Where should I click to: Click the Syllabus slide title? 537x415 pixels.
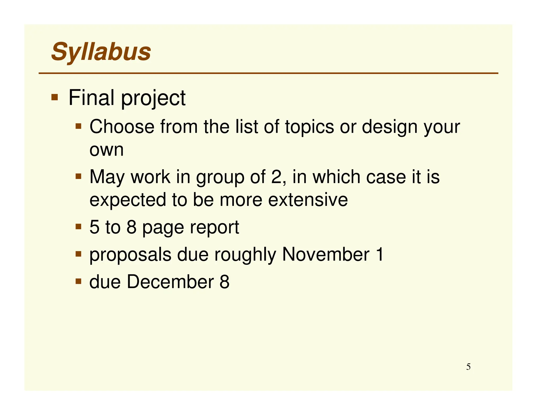pyautogui.click(x=101, y=52)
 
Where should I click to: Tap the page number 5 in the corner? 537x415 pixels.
pyautogui.click(x=468, y=367)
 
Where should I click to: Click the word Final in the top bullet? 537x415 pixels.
pyautogui.click(x=91, y=98)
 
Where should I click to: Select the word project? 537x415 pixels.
pyautogui.click(x=153, y=98)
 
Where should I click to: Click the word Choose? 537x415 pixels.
pyautogui.click(x=122, y=127)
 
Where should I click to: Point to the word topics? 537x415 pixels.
pyautogui.click(x=309, y=127)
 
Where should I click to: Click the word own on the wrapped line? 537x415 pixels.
pyautogui.click(x=106, y=150)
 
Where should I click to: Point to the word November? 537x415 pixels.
pyautogui.click(x=326, y=254)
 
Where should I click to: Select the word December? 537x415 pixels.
pyautogui.click(x=170, y=282)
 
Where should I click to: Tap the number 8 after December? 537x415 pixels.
pyautogui.click(x=224, y=282)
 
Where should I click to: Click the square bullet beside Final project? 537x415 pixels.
pyautogui.click(x=55, y=98)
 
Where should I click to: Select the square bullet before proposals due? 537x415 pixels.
pyautogui.click(x=78, y=254)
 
